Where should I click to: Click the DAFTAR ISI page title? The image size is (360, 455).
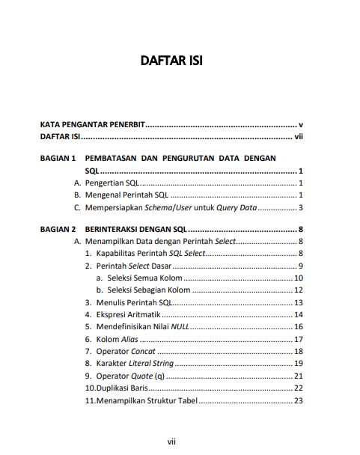pos(171,61)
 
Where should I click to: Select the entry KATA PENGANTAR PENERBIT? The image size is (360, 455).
pos(92,124)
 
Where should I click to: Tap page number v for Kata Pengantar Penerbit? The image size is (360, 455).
pos(299,124)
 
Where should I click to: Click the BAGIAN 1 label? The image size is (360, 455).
pos(58,159)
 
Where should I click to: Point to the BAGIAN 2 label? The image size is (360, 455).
pos(58,229)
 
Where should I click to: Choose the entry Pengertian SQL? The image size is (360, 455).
pos(111,183)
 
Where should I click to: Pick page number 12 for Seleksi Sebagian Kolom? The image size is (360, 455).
pos(298,290)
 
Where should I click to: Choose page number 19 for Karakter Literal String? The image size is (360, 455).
pos(298,363)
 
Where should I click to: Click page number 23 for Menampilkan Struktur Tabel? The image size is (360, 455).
pos(298,400)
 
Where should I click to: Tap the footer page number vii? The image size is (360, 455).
pos(171,442)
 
